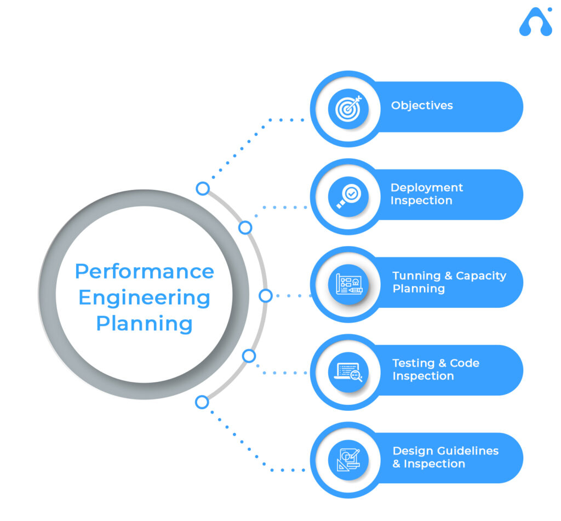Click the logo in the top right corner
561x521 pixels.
[x=535, y=24]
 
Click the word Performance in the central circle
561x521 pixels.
[x=144, y=271]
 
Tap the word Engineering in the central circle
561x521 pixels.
[x=144, y=297]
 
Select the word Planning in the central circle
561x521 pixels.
[x=144, y=323]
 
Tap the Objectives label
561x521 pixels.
[x=422, y=105]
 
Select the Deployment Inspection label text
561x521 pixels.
[x=427, y=194]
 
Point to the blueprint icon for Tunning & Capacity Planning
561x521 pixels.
[x=348, y=284]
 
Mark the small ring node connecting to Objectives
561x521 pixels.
[x=203, y=188]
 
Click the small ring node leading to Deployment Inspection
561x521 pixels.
[x=245, y=227]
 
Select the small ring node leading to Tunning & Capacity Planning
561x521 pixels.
[x=265, y=296]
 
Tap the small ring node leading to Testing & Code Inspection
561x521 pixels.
[x=249, y=356]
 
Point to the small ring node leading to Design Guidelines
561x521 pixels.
[x=202, y=402]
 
